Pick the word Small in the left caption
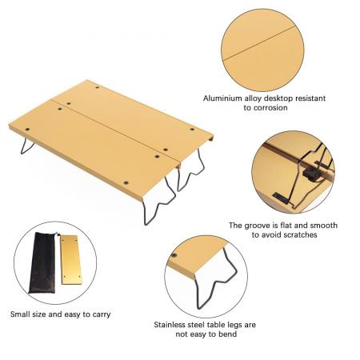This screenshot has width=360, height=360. [22, 314]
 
